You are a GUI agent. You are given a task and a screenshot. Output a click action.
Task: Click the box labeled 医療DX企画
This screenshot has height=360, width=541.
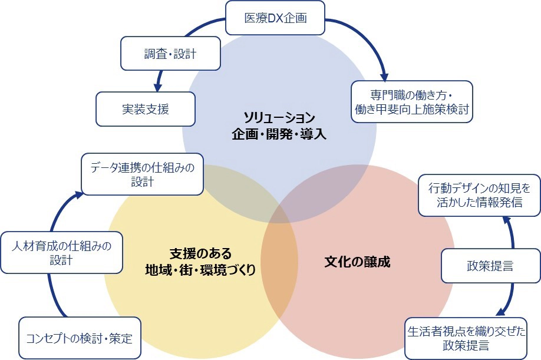pyautogui.click(x=275, y=17)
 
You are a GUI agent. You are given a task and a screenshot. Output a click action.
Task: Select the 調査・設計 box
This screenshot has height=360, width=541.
pyautogui.click(x=170, y=54)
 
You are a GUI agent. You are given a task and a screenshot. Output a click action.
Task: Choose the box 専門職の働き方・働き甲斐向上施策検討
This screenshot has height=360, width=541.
pyautogui.click(x=411, y=101)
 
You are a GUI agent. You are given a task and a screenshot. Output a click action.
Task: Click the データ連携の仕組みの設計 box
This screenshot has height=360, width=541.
pyautogui.click(x=143, y=174)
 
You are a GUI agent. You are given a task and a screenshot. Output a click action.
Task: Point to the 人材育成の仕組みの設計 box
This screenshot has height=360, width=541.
pyautogui.click(x=61, y=252)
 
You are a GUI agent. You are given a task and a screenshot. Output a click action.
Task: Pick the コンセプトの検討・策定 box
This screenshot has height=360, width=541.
pyautogui.click(x=80, y=338)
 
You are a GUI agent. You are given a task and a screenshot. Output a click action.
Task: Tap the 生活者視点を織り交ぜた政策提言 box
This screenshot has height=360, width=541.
pyautogui.click(x=465, y=338)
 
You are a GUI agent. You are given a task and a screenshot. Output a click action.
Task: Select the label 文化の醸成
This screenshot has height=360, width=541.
pyautogui.click(x=357, y=261)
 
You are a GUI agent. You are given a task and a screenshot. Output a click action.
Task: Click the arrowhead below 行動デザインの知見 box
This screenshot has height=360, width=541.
pyautogui.click(x=506, y=219)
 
